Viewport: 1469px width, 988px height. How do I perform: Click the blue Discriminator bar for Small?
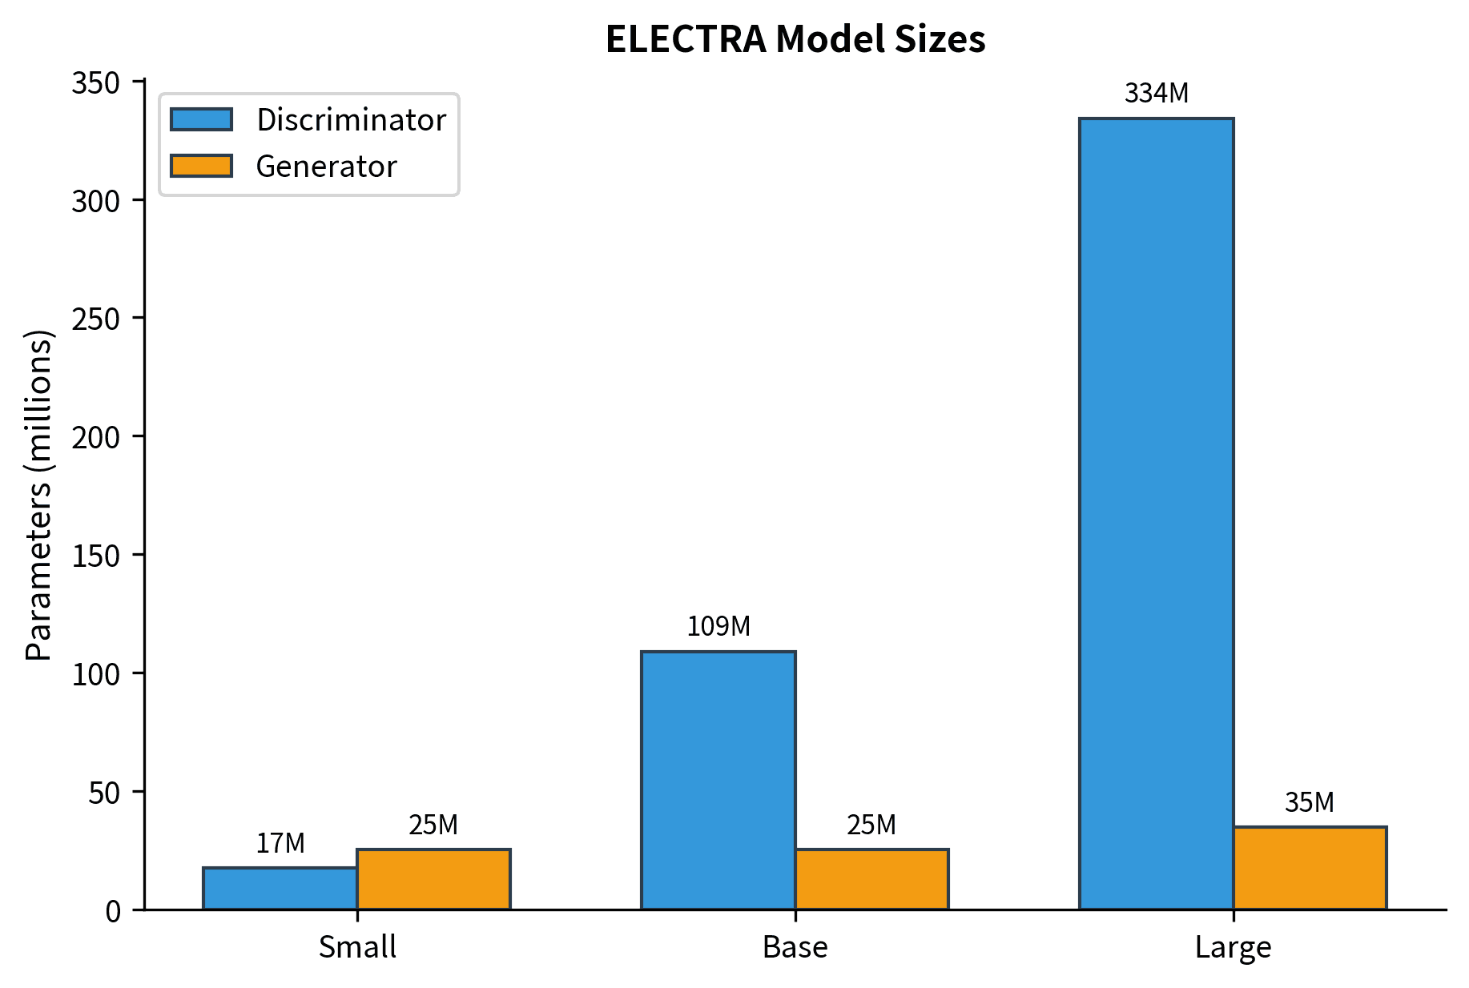pos(280,889)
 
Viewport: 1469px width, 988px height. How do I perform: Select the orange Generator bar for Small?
pos(433,879)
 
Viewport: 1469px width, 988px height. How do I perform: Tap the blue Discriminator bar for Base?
pos(718,781)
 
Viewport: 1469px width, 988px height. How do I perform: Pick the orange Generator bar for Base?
pos(871,879)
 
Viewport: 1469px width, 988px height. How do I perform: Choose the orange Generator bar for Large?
pos(1310,868)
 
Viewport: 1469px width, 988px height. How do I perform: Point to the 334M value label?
pos(1156,94)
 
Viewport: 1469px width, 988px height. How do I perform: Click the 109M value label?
pos(718,626)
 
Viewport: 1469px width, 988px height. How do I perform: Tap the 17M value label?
pos(280,843)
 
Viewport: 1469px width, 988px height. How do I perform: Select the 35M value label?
pos(1310,802)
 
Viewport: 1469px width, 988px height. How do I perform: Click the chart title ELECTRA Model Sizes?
pos(795,39)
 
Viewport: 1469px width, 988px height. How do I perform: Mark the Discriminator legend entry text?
pos(351,120)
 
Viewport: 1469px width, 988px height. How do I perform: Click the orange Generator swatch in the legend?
pos(201,166)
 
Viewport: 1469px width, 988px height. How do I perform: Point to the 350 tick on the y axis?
pos(95,83)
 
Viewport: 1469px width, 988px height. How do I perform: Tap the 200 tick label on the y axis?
pos(95,437)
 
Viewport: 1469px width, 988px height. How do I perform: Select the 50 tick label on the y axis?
pos(104,793)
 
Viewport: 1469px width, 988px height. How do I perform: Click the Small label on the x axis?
pos(357,947)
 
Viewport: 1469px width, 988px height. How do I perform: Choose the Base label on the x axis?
pos(795,947)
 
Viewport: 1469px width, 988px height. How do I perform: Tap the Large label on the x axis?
pos(1233,947)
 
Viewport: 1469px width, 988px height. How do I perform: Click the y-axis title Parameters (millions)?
pos(38,495)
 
